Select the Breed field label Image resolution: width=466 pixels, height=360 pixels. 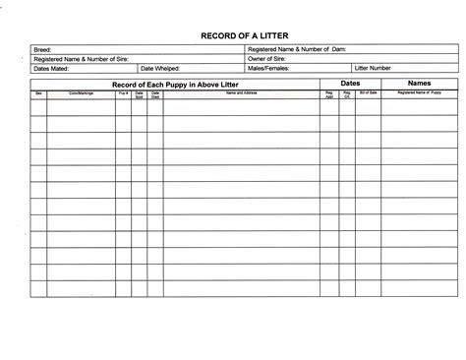[42, 48]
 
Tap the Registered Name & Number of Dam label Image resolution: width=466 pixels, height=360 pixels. [296, 48]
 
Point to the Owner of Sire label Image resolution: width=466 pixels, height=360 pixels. [267, 59]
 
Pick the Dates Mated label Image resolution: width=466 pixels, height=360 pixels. [51, 70]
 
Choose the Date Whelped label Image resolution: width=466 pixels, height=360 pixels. [159, 70]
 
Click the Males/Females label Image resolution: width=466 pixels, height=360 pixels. [268, 70]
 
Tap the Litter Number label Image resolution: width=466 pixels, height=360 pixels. [374, 70]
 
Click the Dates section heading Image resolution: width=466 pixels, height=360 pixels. [350, 84]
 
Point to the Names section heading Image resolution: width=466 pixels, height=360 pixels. [419, 84]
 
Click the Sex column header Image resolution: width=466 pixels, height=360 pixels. [38, 93]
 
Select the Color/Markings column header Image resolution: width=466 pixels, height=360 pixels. [81, 93]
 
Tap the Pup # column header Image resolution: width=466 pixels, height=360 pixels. [123, 93]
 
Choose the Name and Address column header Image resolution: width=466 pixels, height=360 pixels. [241, 93]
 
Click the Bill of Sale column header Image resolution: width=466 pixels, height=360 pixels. [368, 93]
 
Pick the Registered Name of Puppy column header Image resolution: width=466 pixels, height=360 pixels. [420, 93]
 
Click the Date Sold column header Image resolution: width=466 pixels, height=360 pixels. [139, 95]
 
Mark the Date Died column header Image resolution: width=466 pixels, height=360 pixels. [154, 95]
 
